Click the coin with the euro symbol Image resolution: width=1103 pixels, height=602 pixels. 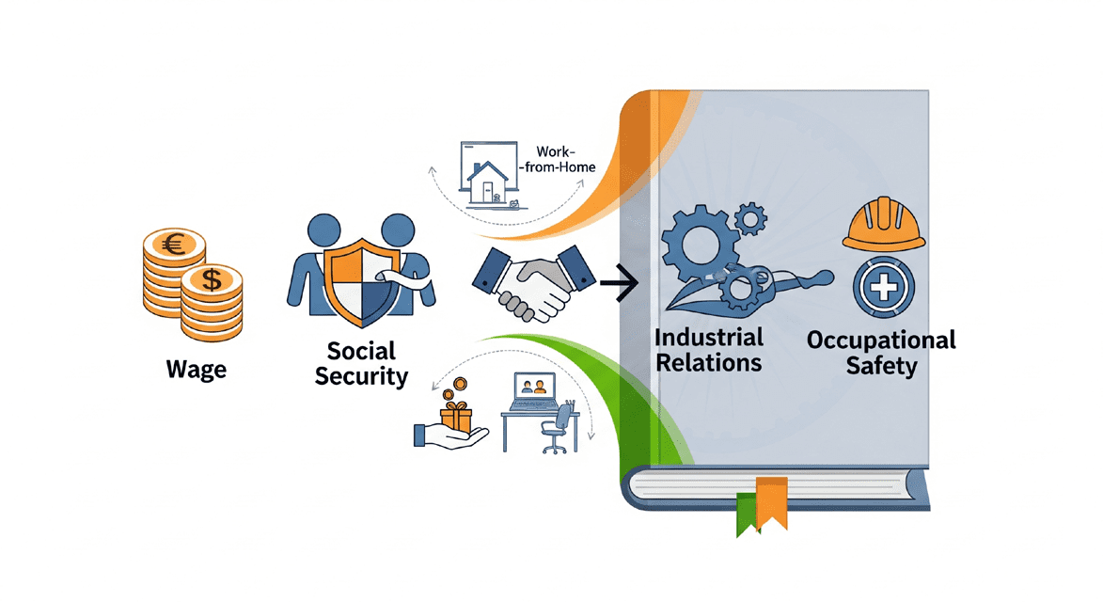tap(173, 247)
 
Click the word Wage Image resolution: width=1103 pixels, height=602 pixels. tap(196, 370)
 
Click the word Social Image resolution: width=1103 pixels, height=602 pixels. tap(361, 352)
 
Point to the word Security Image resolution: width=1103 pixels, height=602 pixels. tap(361, 377)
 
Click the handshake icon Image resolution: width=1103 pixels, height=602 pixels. tap(533, 279)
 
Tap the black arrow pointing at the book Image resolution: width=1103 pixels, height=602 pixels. tap(620, 281)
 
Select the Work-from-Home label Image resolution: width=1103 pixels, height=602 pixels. tap(563, 159)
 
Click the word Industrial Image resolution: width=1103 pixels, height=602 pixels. tap(708, 337)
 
